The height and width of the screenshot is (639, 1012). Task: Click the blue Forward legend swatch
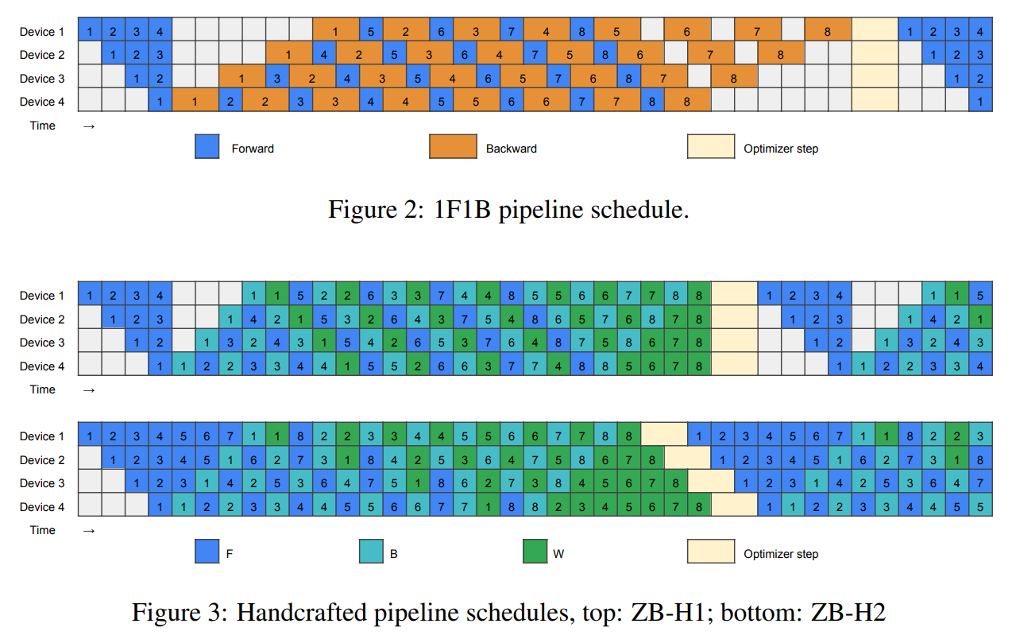coord(207,147)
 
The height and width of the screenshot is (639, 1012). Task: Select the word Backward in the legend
coord(511,149)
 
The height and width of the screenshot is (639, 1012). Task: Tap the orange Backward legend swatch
coord(453,147)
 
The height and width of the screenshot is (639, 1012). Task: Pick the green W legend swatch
coord(535,552)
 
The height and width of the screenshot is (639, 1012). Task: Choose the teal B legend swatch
coord(371,552)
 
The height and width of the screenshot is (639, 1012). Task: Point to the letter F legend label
coord(229,554)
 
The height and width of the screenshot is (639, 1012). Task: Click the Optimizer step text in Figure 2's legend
coord(780,149)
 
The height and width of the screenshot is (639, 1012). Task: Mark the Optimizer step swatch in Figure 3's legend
coord(710,552)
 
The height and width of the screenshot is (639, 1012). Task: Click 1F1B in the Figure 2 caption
coord(462,210)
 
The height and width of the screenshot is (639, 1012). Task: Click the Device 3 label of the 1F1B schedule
coord(42,79)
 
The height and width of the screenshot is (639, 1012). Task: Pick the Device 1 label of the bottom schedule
coord(42,436)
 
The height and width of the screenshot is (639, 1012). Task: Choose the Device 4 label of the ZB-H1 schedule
coord(42,366)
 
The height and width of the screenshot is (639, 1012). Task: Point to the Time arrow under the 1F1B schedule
coord(88,126)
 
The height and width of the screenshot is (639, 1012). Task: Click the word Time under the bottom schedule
coord(42,530)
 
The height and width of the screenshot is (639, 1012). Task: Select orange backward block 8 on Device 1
coord(827,32)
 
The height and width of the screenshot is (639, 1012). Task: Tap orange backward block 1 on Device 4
coord(195,102)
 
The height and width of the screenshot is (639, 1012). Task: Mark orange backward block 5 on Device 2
coord(570,55)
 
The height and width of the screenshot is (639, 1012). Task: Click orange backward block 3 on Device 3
coord(382,79)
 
